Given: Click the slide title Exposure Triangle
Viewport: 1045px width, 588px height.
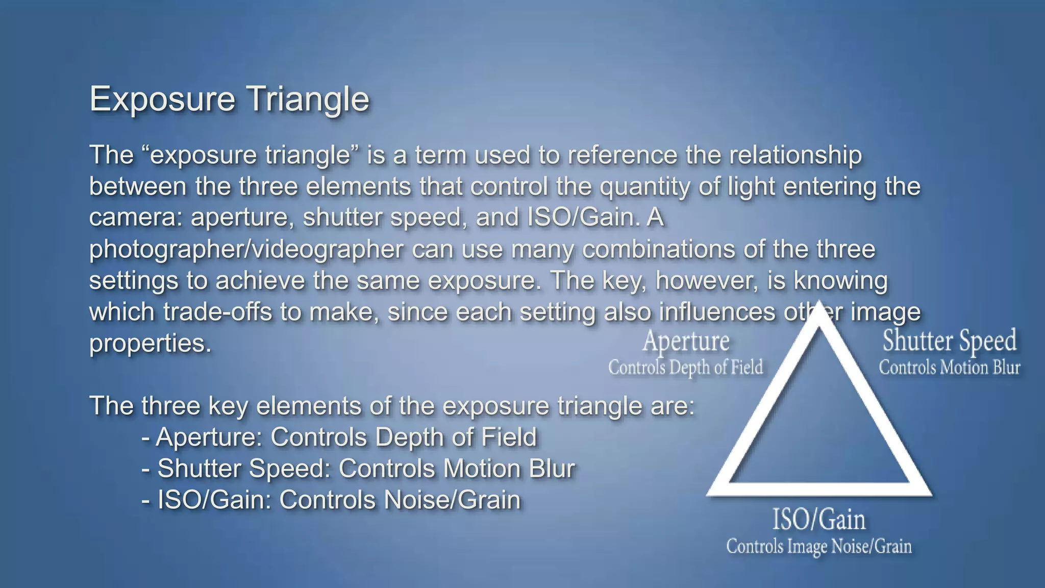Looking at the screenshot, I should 229,99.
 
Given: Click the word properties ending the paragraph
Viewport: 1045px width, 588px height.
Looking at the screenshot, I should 150,344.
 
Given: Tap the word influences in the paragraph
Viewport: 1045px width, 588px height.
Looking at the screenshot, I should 717,312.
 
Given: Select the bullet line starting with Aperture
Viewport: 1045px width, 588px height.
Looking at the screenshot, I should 339,437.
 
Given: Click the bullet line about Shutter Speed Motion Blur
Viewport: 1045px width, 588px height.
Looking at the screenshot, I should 358,469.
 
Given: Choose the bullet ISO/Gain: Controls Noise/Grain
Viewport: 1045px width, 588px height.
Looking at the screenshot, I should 331,500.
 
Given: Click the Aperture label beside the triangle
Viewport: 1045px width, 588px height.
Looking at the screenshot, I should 686,341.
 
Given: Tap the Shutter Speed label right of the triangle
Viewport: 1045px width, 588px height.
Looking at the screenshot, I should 949,341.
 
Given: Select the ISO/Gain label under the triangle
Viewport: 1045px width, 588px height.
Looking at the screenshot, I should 819,520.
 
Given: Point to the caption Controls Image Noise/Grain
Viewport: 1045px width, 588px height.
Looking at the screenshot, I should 819,547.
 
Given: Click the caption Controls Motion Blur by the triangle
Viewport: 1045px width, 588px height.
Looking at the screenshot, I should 949,367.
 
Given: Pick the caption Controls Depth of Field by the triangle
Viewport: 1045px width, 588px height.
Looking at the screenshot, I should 686,367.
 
